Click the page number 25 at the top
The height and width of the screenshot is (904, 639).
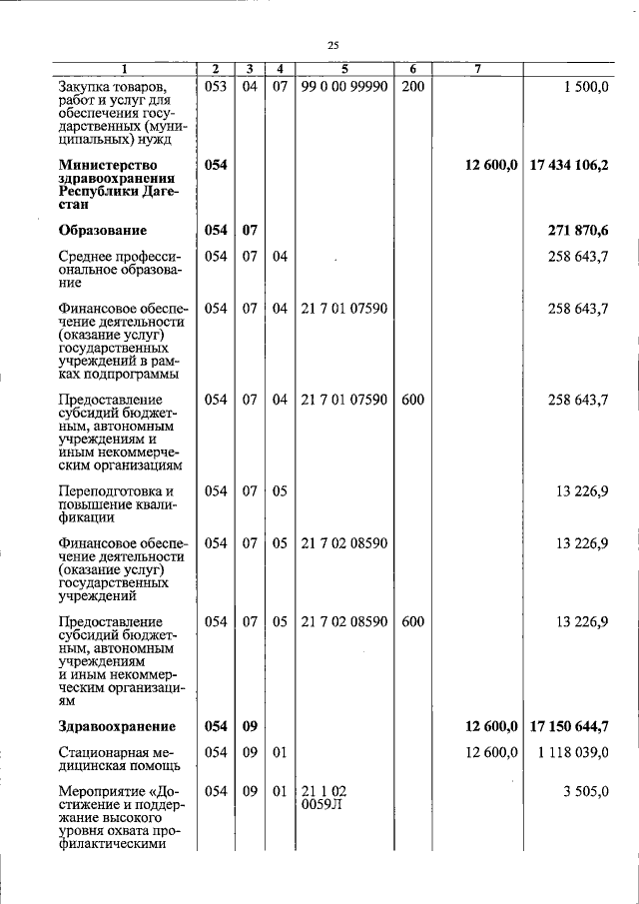(x=333, y=44)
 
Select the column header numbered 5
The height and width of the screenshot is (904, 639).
(x=342, y=69)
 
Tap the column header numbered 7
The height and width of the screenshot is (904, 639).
(x=478, y=69)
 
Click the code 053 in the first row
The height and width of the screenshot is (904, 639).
(x=216, y=87)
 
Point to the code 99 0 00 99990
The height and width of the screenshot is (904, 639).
(x=343, y=87)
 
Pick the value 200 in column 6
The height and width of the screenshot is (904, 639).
(x=412, y=87)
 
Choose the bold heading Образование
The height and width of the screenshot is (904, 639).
(x=103, y=231)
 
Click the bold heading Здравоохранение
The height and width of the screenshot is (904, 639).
(x=117, y=726)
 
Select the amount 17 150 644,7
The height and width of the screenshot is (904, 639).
(x=569, y=726)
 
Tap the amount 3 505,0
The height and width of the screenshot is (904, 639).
(x=586, y=791)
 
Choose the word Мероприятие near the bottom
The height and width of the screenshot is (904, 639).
(x=110, y=791)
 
